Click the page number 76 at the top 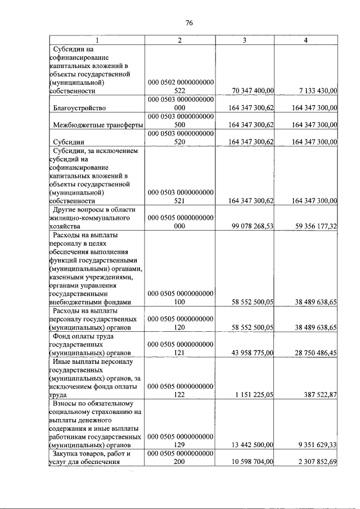coord(189,23)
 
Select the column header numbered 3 coord(244,40)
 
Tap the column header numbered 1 coord(97,40)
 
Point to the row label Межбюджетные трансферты coord(97,124)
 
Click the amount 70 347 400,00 coord(252,90)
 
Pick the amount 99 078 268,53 coord(252,226)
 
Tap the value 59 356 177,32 coord(313,226)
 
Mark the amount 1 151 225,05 coord(254,395)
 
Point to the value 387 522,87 coord(318,395)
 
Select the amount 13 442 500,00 coord(252,445)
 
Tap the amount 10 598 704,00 coord(252,462)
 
